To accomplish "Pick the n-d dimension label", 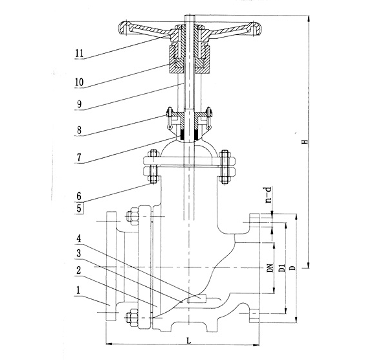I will [x=266, y=196].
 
